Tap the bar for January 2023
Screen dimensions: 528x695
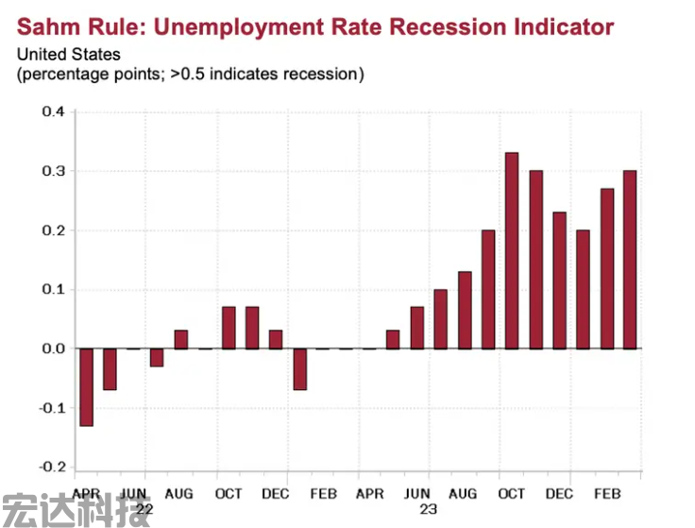(x=299, y=369)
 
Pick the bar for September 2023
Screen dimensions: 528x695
(x=488, y=289)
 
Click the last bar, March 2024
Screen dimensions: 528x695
(x=630, y=260)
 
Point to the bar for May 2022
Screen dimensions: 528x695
(x=110, y=369)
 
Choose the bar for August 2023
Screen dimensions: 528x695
(x=465, y=310)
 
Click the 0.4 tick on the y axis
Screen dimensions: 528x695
(x=53, y=112)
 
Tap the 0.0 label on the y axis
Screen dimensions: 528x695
(x=53, y=349)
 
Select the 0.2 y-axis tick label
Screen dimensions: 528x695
(x=53, y=230)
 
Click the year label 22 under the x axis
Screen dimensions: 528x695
(x=144, y=509)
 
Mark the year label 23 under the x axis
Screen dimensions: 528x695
(x=428, y=509)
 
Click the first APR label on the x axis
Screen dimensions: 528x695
(x=87, y=494)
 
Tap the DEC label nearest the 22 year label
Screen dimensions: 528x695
(x=276, y=494)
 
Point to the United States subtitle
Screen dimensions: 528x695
(x=69, y=55)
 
